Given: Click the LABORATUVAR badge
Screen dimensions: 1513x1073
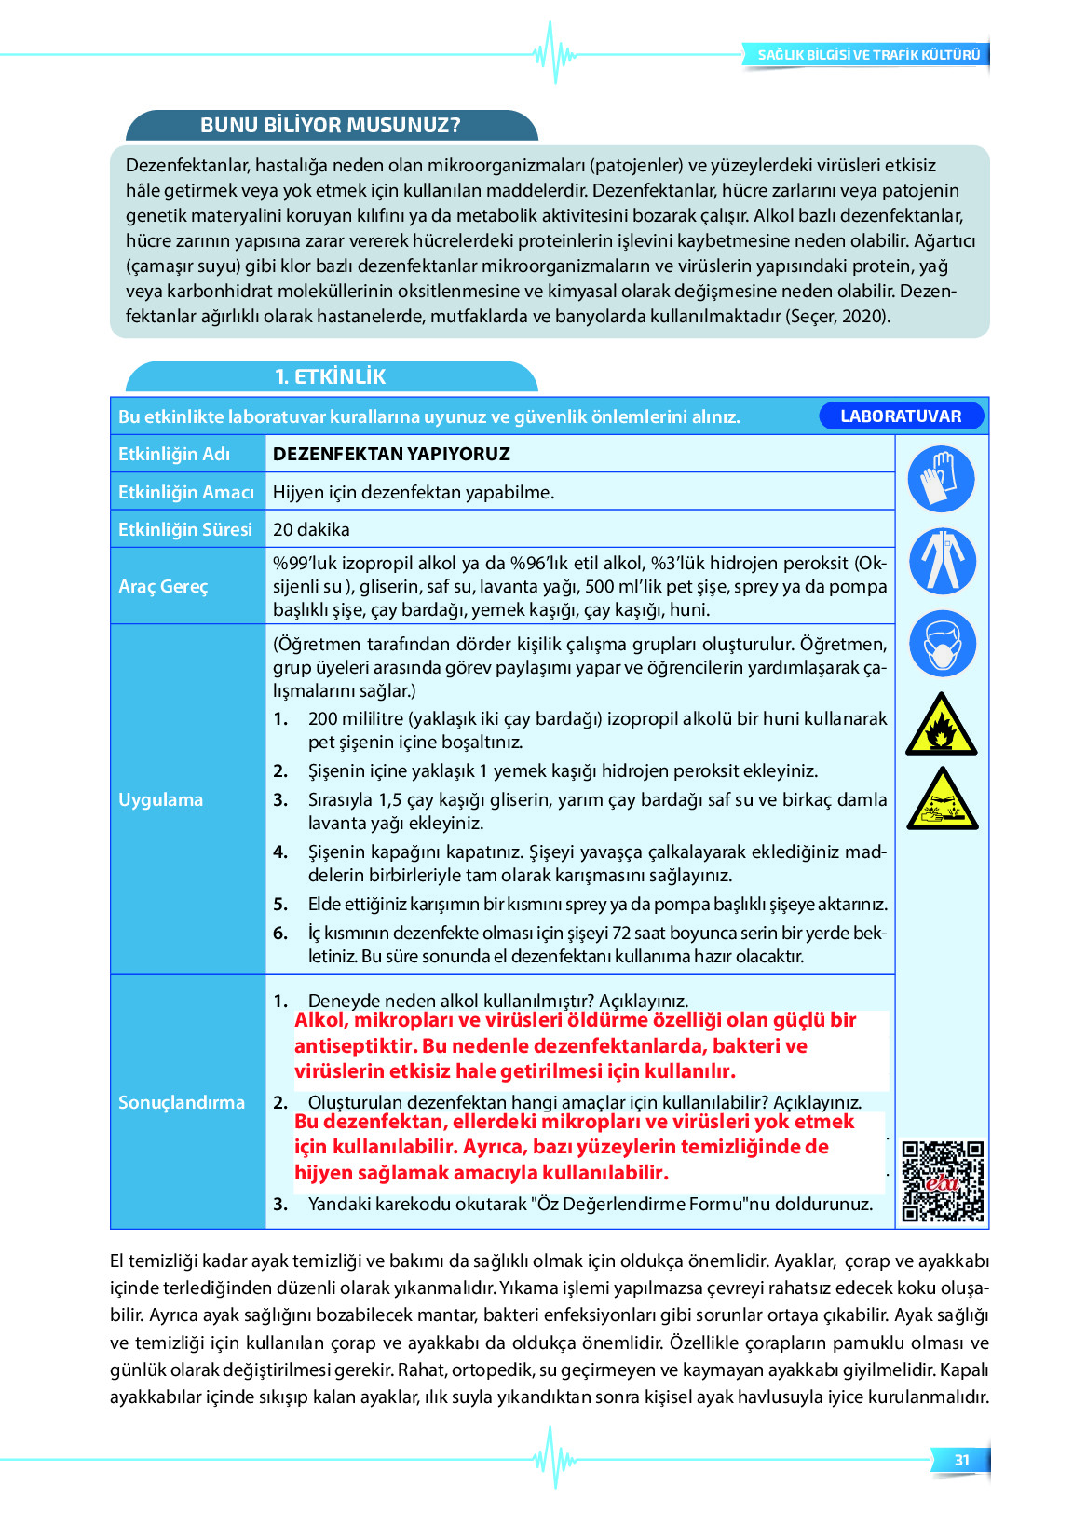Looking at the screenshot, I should (901, 416).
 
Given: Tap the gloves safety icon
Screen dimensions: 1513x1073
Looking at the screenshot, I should (941, 479).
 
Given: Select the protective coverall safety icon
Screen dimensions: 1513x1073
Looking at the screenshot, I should (942, 561).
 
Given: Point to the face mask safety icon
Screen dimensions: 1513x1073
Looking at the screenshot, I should (942, 644).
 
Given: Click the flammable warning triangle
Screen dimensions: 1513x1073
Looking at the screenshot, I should (942, 725).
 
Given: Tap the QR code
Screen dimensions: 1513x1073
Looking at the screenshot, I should (943, 1180).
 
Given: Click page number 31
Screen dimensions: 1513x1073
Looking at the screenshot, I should (961, 1460).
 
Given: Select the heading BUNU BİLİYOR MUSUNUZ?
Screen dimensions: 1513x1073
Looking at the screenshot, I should (331, 125).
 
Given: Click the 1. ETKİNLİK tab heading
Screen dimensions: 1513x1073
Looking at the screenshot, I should (330, 376).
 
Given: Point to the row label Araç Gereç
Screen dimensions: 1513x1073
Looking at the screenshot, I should (163, 586).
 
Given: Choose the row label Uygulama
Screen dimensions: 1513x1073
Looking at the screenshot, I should (160, 799).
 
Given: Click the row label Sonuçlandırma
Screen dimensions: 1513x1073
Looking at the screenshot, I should (181, 1102).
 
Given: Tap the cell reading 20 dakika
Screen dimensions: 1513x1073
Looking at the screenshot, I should (311, 529).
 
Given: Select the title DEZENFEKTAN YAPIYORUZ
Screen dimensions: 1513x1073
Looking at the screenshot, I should (391, 454).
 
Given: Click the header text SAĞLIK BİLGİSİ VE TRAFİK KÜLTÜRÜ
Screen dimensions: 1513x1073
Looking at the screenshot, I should (868, 55).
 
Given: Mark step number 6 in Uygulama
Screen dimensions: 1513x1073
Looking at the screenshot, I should (280, 933).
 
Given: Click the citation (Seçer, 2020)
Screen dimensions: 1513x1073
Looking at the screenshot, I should (838, 316).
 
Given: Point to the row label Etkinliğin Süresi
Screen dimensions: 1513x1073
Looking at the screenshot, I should (184, 529).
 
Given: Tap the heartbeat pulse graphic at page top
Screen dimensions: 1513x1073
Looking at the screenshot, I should (555, 53).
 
